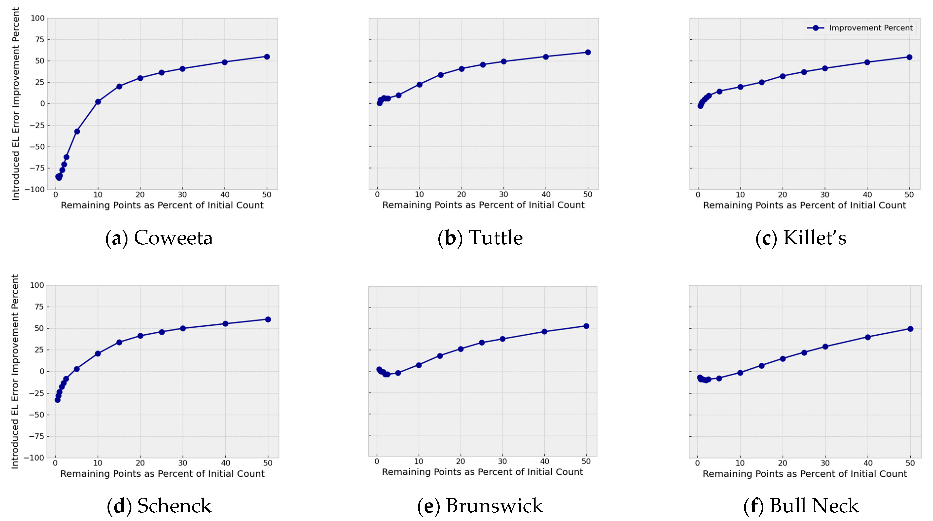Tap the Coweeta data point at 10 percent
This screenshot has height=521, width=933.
point(98,102)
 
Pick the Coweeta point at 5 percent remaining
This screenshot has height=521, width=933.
point(77,131)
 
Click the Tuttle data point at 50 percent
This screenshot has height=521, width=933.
point(588,52)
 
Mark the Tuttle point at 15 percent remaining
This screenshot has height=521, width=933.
point(440,75)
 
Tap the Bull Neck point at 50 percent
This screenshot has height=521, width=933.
point(910,329)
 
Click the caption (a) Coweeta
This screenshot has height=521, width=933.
point(159,238)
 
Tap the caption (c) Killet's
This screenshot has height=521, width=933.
point(801,238)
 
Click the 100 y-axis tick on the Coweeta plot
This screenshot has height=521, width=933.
point(37,18)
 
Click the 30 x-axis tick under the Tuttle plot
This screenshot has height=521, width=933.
point(503,194)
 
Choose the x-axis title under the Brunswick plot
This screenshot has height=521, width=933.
point(483,472)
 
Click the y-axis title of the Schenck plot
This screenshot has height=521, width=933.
point(15,371)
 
